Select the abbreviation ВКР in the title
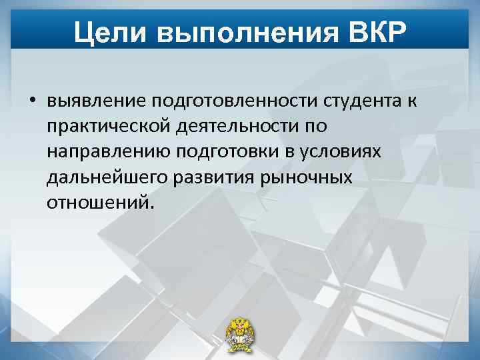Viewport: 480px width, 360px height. [x=375, y=31]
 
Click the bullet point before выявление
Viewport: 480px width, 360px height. [x=32, y=101]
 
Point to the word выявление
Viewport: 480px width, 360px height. [x=96, y=101]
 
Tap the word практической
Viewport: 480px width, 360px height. [x=109, y=126]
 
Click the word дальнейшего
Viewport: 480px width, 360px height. [x=107, y=177]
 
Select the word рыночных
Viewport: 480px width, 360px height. [x=308, y=177]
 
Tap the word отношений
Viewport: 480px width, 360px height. [x=99, y=202]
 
